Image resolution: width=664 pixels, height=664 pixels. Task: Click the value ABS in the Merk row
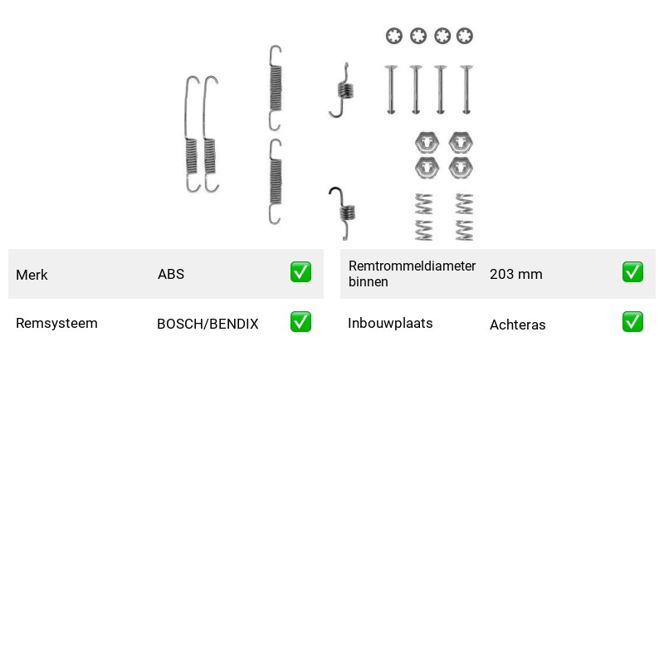(171, 274)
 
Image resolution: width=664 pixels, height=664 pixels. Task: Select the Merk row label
(32, 275)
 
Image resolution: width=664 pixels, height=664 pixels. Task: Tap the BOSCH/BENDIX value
(207, 324)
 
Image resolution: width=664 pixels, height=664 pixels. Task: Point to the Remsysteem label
(56, 323)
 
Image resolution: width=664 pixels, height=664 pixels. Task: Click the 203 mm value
(515, 274)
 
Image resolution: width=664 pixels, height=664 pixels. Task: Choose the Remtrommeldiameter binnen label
(412, 274)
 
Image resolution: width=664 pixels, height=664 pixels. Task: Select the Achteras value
(517, 325)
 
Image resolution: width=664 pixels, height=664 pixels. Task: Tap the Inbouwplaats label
(390, 323)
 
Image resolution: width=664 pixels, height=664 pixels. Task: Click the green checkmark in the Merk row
(300, 272)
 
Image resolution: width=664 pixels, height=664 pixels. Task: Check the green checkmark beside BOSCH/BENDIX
(300, 322)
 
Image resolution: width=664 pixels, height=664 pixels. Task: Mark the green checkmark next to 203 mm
(632, 272)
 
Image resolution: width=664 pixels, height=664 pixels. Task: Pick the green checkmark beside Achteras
(632, 322)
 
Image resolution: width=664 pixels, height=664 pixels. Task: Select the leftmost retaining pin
(391, 90)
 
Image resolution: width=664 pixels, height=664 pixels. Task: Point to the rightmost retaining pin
(466, 90)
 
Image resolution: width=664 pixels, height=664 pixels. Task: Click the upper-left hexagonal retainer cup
(427, 143)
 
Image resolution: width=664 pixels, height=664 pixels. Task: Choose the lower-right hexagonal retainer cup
(461, 168)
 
